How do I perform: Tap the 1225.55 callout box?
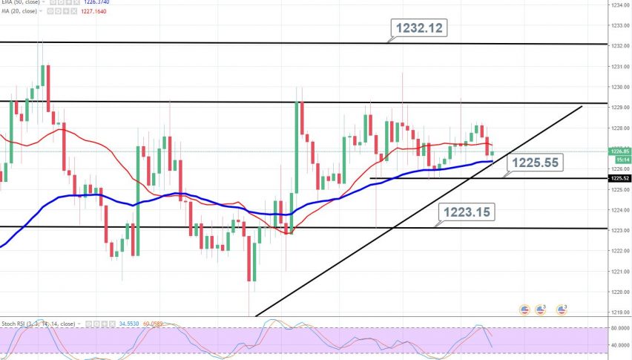pos(532,161)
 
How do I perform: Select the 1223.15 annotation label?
pos(467,212)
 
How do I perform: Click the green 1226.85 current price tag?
pos(620,151)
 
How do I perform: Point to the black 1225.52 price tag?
pos(620,179)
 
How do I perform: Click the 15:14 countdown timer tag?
pos(620,159)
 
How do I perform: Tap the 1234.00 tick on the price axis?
pos(620,5)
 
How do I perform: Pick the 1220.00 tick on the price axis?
pos(620,292)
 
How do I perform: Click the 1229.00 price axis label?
pos(620,108)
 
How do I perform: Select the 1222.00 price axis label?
pos(620,251)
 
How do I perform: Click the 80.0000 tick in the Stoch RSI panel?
pos(620,327)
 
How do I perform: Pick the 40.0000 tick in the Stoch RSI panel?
pos(620,345)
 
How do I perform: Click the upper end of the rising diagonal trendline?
pos(581,107)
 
